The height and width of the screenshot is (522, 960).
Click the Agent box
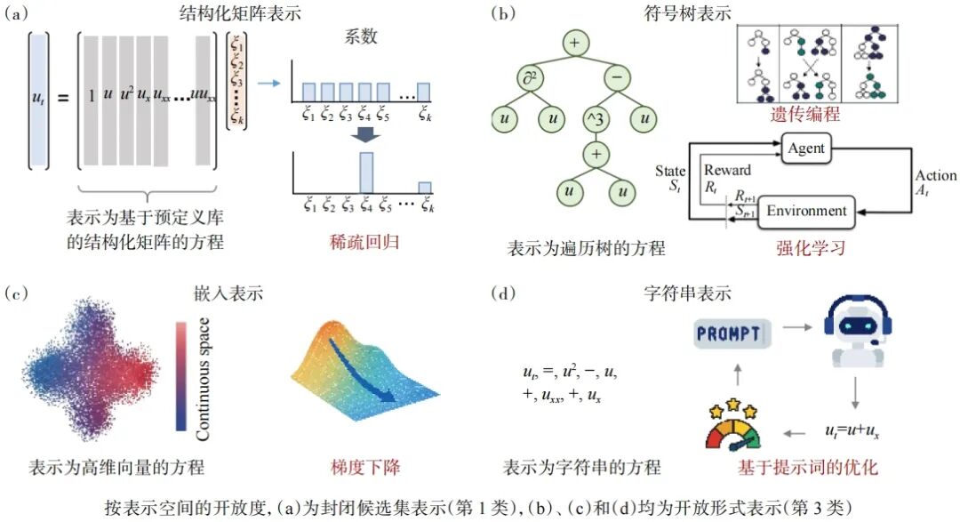pos(806,148)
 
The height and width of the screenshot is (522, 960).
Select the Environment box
pos(806,212)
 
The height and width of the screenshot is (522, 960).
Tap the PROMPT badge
pos(732,333)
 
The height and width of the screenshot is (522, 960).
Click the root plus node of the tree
pos(574,43)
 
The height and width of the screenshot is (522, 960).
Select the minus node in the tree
pos(617,77)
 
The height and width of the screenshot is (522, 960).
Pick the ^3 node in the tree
pos(596,119)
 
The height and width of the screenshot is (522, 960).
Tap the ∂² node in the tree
pos(530,77)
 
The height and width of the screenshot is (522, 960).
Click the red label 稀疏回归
pos(364,241)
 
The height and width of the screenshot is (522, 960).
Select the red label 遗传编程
pos(804,114)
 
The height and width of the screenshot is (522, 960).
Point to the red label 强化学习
pos(811,247)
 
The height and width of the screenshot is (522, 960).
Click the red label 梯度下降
pos(365,468)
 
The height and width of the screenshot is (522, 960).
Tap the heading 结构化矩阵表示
pos(240,13)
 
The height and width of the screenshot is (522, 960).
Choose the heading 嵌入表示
pos(228,293)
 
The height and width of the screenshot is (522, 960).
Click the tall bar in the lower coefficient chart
pos(365,173)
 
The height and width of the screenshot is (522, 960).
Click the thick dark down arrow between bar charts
pos(365,133)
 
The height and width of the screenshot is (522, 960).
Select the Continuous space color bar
pos(181,375)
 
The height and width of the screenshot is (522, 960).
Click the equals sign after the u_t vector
pos(62,97)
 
